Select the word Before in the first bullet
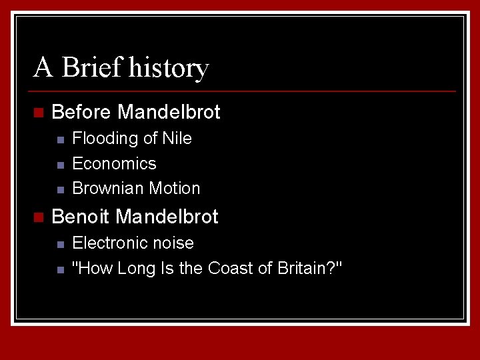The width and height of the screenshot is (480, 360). tap(81, 112)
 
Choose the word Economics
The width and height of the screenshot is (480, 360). tap(114, 163)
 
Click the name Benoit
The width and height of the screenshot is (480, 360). tap(81, 217)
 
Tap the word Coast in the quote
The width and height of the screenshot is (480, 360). tap(227, 268)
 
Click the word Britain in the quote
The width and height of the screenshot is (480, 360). tap(301, 268)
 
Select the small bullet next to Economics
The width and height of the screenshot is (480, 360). tap(59, 165)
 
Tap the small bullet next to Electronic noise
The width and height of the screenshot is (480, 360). tap(59, 244)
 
